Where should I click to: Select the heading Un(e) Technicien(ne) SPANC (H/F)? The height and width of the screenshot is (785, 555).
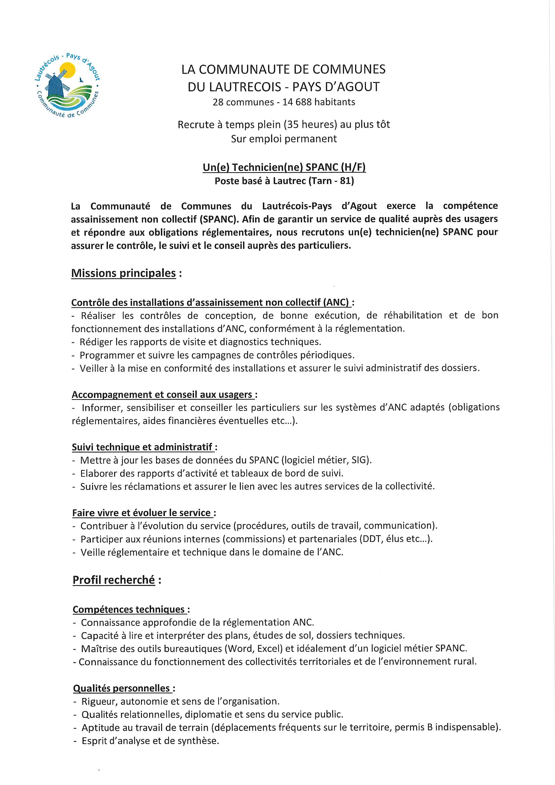284,167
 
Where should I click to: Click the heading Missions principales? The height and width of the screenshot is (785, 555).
124,273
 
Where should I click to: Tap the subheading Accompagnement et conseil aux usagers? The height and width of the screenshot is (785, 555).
162,395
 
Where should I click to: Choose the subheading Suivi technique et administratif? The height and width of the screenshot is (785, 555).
142,447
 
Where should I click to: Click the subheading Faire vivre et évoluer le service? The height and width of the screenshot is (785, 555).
141,513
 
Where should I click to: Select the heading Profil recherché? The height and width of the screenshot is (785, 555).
113,580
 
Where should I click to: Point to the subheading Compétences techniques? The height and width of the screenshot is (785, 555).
129,609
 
